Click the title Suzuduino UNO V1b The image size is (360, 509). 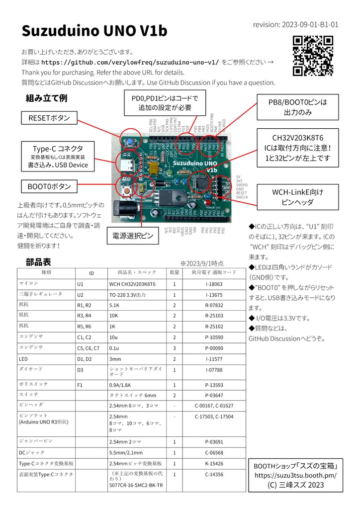94,31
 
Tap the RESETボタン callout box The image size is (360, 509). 49,118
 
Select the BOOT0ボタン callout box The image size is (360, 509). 49,187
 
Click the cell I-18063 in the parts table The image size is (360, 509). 214,284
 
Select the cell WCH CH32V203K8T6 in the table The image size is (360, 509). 132,284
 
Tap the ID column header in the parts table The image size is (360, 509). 91,273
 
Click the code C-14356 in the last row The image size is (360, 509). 214,474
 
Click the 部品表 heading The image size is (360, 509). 38,262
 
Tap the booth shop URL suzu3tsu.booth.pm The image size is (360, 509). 296,475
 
